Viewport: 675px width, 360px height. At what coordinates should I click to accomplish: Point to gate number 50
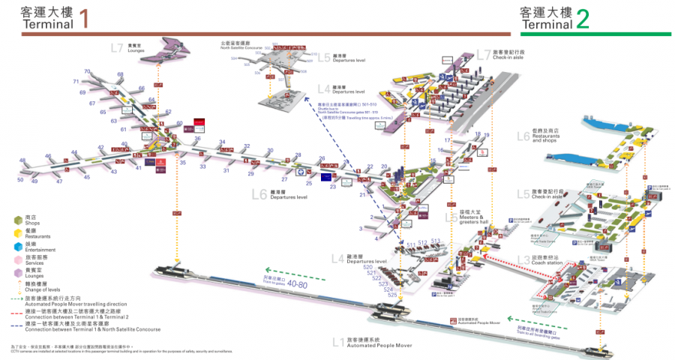click(x=20, y=180)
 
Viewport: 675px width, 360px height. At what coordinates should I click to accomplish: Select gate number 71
click(x=76, y=81)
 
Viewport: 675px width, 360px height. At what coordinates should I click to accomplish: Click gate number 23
click(x=333, y=187)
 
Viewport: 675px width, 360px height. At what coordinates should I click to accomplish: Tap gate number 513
click(x=435, y=241)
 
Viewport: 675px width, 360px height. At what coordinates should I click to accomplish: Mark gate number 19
click(x=487, y=134)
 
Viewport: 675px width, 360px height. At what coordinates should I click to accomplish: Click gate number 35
click(x=182, y=162)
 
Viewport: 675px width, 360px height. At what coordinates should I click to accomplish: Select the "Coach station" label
click(x=550, y=262)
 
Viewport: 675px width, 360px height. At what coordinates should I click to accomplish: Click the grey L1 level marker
click(x=337, y=341)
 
